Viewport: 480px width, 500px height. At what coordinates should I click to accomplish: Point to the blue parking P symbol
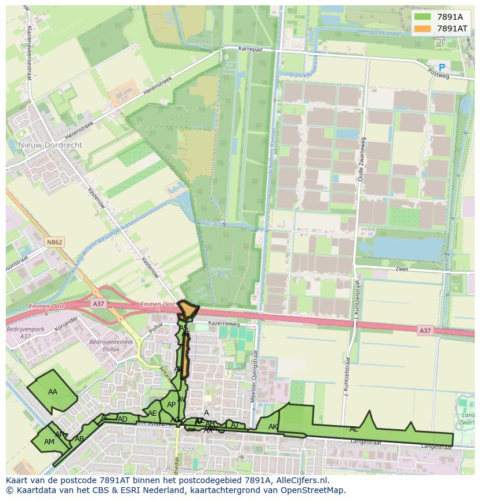pyautogui.click(x=442, y=67)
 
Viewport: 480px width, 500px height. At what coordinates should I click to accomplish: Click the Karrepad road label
pyautogui.click(x=250, y=50)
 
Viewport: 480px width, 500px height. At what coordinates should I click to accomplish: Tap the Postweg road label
pyautogui.click(x=438, y=75)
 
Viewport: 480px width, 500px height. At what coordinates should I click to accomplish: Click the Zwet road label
pyautogui.click(x=402, y=269)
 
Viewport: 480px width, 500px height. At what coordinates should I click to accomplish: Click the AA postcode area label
pyautogui.click(x=53, y=391)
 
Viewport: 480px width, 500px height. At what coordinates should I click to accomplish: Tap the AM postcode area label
pyautogui.click(x=49, y=441)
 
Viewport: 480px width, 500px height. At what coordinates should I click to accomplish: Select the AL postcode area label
pyautogui.click(x=354, y=429)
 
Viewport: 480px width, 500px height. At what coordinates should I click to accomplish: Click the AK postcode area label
pyautogui.click(x=273, y=427)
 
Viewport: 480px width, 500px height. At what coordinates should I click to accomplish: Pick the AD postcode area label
pyautogui.click(x=122, y=419)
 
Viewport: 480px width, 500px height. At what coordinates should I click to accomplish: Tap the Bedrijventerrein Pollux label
pyautogui.click(x=111, y=346)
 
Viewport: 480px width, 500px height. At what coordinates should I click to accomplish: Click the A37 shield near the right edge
pyautogui.click(x=425, y=330)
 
